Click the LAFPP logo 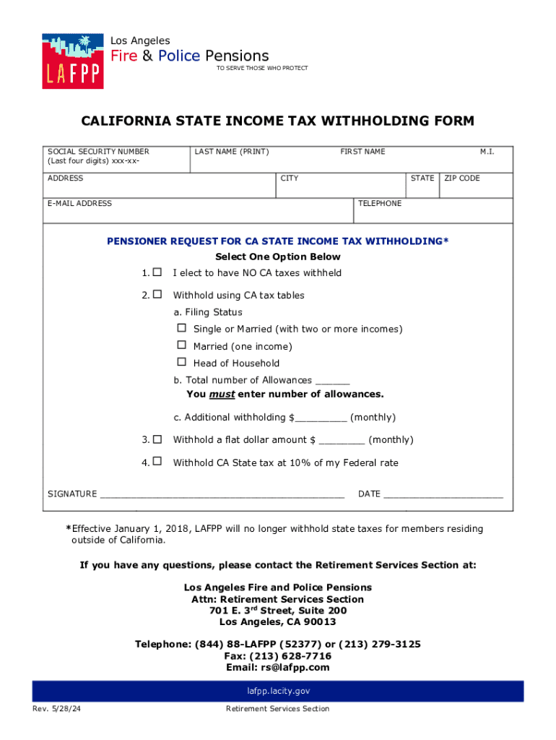pos(72,61)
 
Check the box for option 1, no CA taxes pos(157,272)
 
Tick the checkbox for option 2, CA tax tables pos(157,295)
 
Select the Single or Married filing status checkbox pos(181,328)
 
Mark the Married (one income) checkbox pos(181,345)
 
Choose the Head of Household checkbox pos(181,362)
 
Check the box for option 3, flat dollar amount pos(157,439)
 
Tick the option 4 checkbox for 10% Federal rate pos(157,462)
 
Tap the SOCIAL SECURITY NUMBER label pos(98,152)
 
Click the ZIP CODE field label pos(462,178)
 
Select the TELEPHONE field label pos(380,204)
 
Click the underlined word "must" pos(222,395)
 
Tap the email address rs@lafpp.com pos(295,668)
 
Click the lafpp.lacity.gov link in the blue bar pos(278,692)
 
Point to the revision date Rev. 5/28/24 pos(56,709)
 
